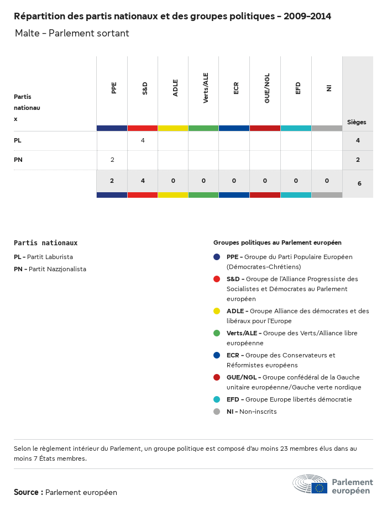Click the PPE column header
point(114,88)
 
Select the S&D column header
point(145,88)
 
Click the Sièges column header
point(357,122)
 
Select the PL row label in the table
point(18,141)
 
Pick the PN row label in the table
point(18,160)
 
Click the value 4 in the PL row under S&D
point(143,141)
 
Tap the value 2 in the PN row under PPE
point(112,160)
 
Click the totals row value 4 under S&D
point(143,181)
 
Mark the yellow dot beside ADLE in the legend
point(217,311)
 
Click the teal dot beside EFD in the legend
point(217,399)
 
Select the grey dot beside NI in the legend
point(217,412)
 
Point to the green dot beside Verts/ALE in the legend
point(217,333)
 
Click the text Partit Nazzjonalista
point(57,269)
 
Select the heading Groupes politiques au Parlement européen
point(277,243)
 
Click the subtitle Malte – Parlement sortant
point(72,33)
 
